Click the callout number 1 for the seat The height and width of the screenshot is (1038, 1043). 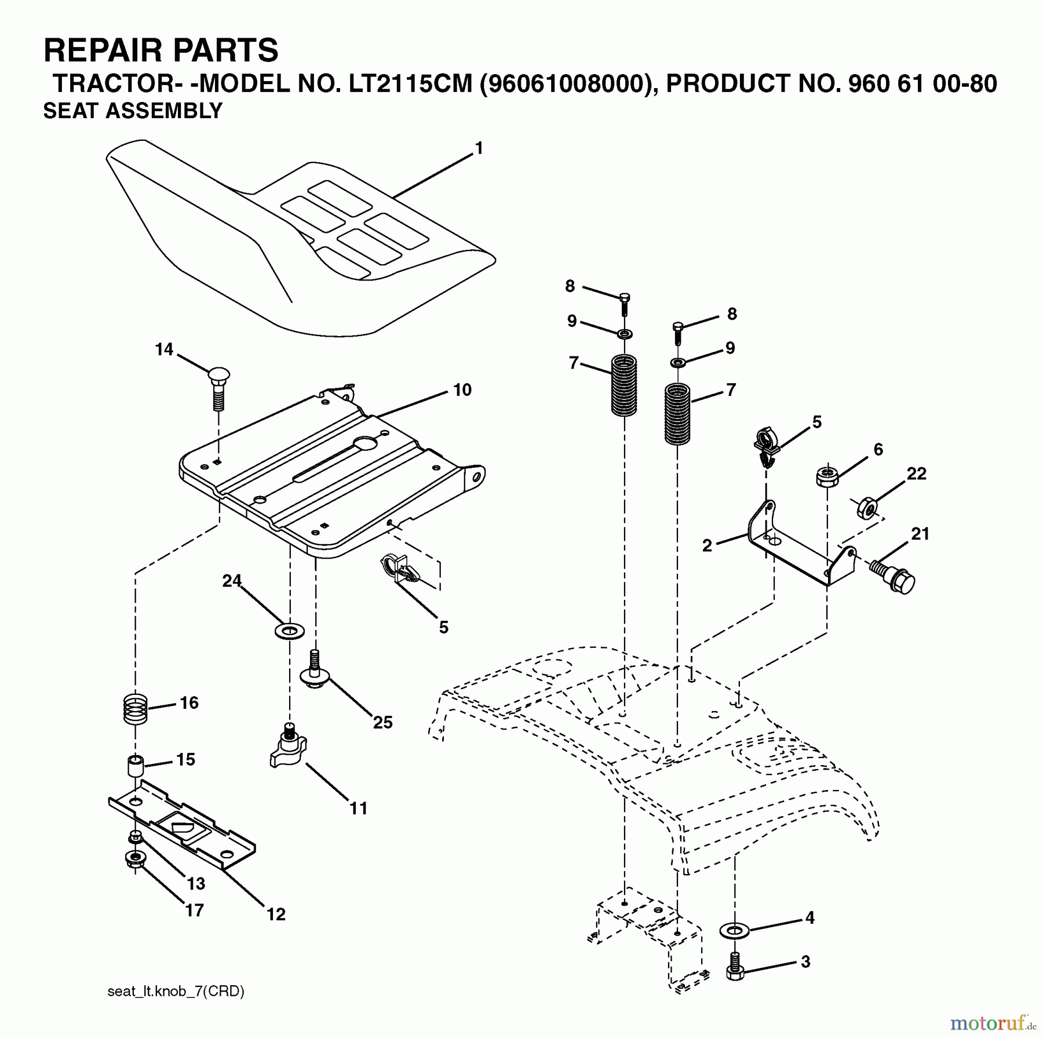click(x=479, y=149)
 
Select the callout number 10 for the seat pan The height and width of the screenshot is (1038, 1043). click(x=462, y=390)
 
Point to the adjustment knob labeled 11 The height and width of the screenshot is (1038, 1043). click(x=288, y=751)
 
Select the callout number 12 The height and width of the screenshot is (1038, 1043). click(x=276, y=914)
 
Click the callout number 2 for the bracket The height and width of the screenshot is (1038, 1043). click(x=707, y=545)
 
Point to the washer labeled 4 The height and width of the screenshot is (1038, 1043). click(x=734, y=931)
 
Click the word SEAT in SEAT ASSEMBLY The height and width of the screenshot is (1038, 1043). click(x=70, y=111)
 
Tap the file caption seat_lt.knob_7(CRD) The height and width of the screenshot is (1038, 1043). click(x=176, y=991)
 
